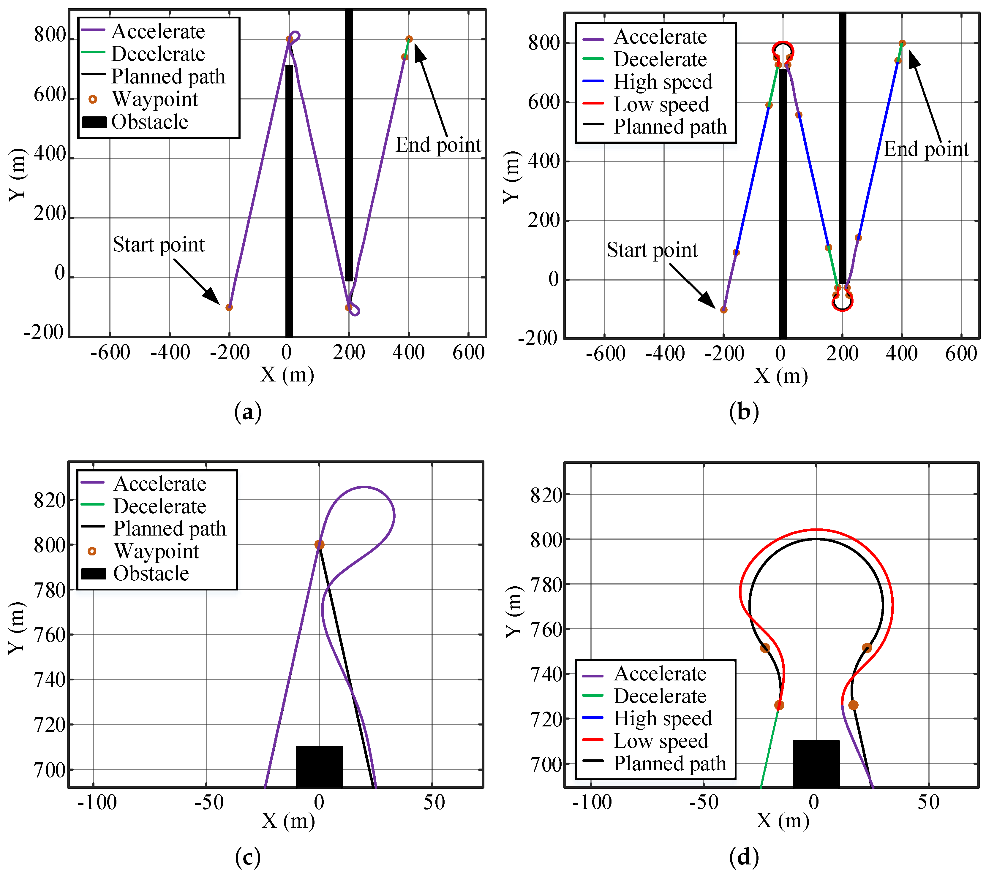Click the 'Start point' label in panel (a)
pyautogui.click(x=159, y=245)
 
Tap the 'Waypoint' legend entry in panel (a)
pyautogui.click(x=155, y=99)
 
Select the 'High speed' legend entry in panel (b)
pyautogui.click(x=663, y=82)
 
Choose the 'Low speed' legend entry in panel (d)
pyautogui.click(x=661, y=741)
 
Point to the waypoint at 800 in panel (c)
pyautogui.click(x=319, y=545)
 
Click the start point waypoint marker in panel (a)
pyautogui.click(x=229, y=308)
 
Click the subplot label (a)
pyautogui.click(x=248, y=412)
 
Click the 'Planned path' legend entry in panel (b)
pyautogui.click(x=670, y=126)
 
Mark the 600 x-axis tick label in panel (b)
pyautogui.click(x=961, y=354)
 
